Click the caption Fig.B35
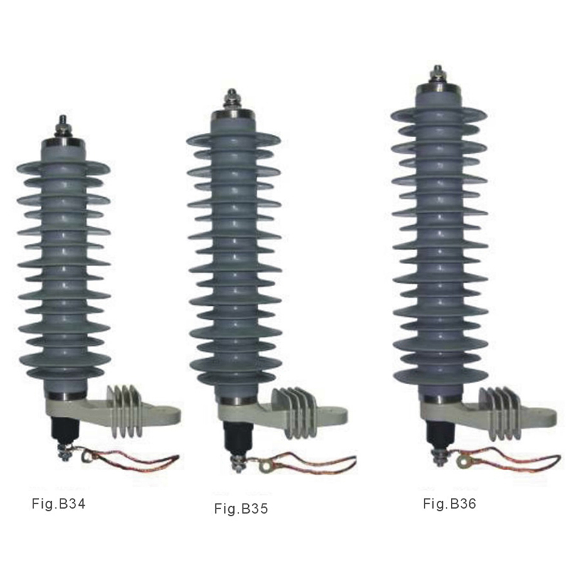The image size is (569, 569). [x=242, y=509]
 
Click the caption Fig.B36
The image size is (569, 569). [x=450, y=504]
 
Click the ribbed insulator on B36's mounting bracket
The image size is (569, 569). [x=499, y=411]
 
